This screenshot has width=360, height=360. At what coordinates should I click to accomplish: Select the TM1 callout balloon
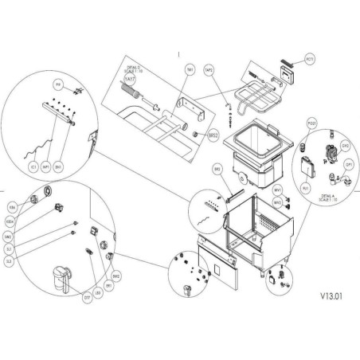click(190, 70)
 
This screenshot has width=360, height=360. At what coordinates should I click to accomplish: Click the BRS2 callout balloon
click(212, 136)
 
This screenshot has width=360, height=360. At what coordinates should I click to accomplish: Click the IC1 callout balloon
click(33, 168)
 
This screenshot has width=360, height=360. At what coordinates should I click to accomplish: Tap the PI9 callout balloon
click(58, 84)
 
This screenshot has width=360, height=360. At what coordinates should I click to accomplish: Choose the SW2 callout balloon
click(31, 236)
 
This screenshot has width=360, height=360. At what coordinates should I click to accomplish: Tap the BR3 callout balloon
click(217, 170)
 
